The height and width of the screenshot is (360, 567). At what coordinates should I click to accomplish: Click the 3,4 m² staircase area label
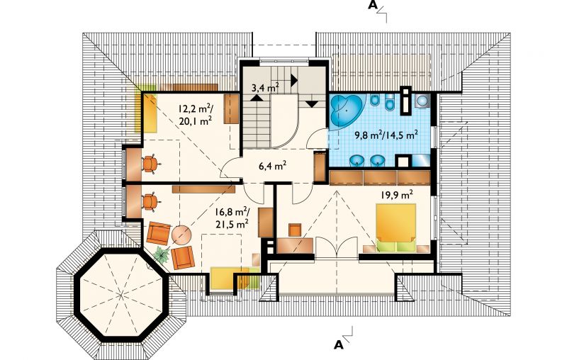click(265, 87)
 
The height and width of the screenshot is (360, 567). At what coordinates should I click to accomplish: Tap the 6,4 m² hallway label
click(273, 166)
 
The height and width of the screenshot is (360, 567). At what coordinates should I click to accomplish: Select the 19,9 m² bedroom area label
click(396, 195)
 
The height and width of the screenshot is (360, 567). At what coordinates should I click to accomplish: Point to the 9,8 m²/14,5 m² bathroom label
click(386, 135)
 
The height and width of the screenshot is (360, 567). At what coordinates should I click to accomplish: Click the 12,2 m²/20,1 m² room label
click(196, 115)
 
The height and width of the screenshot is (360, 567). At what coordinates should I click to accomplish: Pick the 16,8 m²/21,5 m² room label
click(232, 218)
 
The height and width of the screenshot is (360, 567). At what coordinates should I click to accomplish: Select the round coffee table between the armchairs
click(181, 235)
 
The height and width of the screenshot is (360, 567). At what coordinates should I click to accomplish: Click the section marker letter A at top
click(372, 6)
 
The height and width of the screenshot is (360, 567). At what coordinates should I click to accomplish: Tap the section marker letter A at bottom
click(339, 345)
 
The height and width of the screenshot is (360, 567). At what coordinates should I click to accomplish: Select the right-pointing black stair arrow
click(294, 79)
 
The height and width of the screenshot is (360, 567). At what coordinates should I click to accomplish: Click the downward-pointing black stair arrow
click(312, 104)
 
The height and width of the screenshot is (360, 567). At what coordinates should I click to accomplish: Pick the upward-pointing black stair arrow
click(257, 97)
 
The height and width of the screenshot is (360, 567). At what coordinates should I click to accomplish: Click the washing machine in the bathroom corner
click(422, 101)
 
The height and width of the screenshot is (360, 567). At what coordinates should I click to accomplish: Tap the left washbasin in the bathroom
click(358, 160)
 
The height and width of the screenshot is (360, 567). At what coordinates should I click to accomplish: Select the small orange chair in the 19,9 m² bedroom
click(295, 230)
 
